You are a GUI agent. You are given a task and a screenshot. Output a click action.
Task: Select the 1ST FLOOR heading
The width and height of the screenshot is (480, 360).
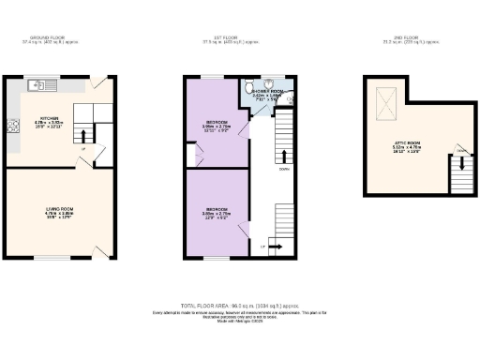pos(230,38)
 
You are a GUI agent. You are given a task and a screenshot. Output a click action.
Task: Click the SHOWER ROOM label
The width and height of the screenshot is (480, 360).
pos(266,91)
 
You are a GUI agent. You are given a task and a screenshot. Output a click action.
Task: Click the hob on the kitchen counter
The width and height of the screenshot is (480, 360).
pos(14,127)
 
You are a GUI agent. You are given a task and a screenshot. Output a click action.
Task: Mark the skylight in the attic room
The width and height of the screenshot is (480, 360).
pos(384,94)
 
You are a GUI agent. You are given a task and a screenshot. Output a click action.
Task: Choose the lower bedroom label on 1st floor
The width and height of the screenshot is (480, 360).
pos(218,210)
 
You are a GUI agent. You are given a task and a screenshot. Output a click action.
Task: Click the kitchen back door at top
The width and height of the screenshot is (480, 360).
pos(98,83)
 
